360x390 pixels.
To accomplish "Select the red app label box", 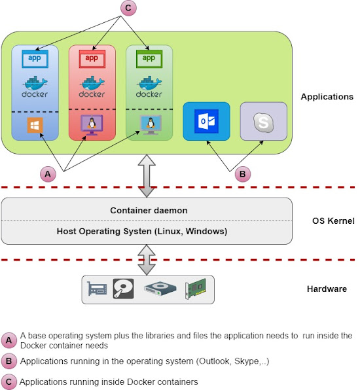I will click(92, 58).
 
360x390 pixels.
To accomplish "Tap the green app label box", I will click(150, 58).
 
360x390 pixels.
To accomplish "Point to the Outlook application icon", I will click(207, 122).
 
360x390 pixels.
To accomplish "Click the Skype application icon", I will click(263, 122).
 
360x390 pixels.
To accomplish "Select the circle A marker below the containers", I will click(47, 174).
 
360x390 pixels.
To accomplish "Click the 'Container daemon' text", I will click(149, 211).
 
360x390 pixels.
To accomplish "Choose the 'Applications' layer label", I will click(327, 97).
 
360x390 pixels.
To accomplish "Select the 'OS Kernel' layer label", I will click(333, 221).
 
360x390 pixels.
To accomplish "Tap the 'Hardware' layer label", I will click(327, 289).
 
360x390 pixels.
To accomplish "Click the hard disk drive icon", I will click(122, 288).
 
